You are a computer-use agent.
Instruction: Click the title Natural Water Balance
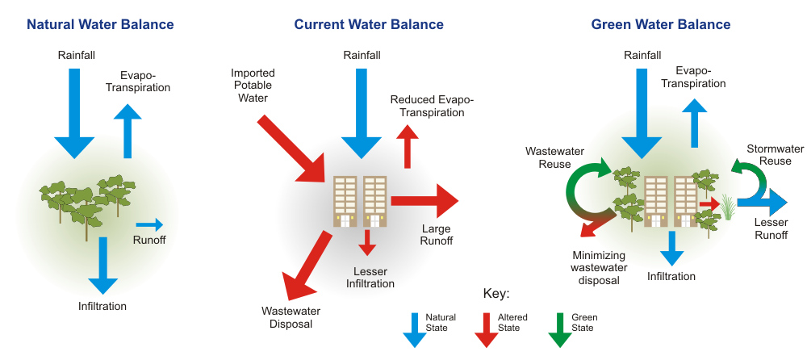(100, 24)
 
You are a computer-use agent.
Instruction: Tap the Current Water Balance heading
(369, 24)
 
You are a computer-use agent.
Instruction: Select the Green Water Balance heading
(660, 24)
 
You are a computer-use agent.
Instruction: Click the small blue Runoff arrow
(149, 224)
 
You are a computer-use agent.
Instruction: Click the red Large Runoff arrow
(424, 200)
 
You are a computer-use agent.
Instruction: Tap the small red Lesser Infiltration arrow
(367, 243)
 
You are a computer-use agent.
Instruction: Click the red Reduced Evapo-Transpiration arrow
(408, 145)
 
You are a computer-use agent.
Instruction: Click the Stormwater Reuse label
(775, 155)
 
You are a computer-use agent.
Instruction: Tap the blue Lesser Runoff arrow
(763, 203)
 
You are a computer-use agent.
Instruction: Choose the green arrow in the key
(559, 330)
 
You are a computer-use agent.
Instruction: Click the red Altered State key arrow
(486, 330)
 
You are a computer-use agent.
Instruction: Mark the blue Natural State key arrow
(414, 330)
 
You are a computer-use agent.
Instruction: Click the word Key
(496, 294)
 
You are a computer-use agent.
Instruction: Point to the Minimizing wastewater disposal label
(599, 268)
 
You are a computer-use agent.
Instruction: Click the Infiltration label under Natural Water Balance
(102, 306)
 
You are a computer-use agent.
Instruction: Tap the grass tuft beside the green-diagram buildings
(727, 207)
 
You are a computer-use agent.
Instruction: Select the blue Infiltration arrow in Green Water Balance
(671, 249)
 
